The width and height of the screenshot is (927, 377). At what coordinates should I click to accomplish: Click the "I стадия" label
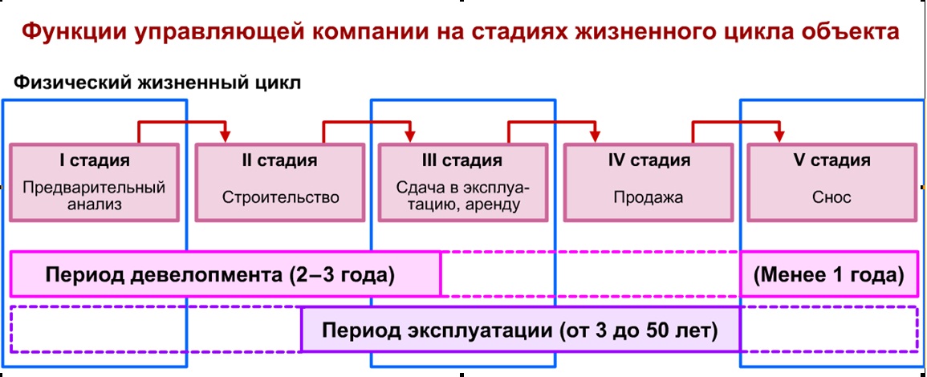click(95, 160)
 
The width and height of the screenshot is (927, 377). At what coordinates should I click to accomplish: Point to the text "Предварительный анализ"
click(94, 197)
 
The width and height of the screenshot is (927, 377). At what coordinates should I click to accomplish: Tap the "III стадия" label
click(462, 160)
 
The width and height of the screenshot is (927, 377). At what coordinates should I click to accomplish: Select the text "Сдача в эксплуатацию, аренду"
click(463, 197)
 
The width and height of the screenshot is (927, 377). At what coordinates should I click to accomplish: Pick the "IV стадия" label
click(648, 160)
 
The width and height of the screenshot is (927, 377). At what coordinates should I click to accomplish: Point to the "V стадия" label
click(831, 160)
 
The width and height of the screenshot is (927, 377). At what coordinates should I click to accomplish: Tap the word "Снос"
click(831, 197)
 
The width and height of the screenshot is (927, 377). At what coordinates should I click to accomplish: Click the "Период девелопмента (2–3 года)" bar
click(225, 274)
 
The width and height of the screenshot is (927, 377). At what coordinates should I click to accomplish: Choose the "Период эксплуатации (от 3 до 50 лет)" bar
click(520, 330)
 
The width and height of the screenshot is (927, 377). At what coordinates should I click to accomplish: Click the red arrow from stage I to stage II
click(183, 123)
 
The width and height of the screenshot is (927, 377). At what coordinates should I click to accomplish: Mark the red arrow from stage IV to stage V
click(736, 123)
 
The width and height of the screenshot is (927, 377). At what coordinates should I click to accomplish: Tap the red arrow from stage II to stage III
click(367, 123)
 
